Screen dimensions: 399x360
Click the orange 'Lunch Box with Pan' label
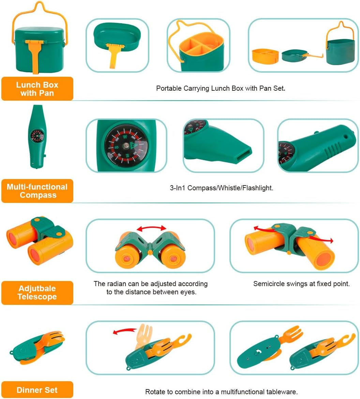click(37, 89)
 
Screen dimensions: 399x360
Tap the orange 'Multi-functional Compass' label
click(37, 191)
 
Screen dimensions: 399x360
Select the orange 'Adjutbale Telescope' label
click(37, 293)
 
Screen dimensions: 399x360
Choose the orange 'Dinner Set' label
click(37, 390)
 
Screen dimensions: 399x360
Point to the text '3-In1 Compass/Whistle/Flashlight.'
click(222, 188)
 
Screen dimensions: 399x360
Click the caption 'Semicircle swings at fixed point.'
click(301, 284)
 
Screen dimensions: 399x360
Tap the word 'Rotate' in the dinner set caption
click(155, 392)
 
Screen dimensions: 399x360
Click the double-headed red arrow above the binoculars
click(151, 228)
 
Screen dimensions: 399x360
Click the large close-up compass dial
click(126, 145)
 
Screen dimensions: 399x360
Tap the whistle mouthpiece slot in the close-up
click(243, 152)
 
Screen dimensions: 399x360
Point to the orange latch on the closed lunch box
click(35, 55)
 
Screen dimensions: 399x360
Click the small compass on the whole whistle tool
click(36, 135)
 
